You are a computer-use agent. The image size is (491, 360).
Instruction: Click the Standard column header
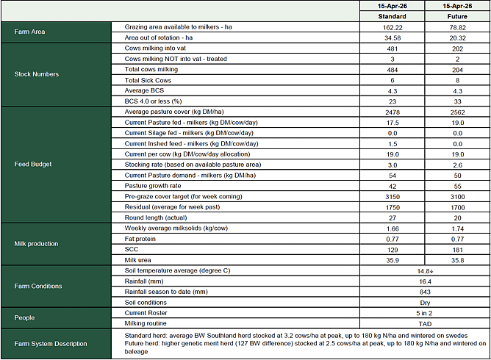point(392,16)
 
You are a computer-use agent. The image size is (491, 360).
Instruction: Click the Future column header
point(457,16)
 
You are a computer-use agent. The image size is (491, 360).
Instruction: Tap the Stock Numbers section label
point(37,74)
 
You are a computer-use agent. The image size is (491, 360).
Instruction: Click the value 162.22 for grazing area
point(392,26)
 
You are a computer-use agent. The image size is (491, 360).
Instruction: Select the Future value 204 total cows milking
point(457,69)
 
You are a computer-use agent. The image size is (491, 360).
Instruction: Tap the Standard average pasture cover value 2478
point(392,111)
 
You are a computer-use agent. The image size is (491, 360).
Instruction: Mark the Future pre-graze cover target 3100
point(457,196)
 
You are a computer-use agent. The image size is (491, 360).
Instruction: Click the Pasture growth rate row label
point(154,186)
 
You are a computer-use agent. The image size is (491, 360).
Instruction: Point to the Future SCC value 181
point(457,249)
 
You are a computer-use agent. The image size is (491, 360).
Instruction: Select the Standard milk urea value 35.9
point(392,259)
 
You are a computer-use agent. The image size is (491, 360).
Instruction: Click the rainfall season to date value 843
point(424,292)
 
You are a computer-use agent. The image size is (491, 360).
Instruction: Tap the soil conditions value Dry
point(424,302)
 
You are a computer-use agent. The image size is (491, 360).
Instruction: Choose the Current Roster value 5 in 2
point(424,313)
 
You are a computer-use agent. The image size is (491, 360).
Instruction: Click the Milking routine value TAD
point(424,323)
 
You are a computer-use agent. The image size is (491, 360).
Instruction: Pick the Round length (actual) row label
point(157,217)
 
